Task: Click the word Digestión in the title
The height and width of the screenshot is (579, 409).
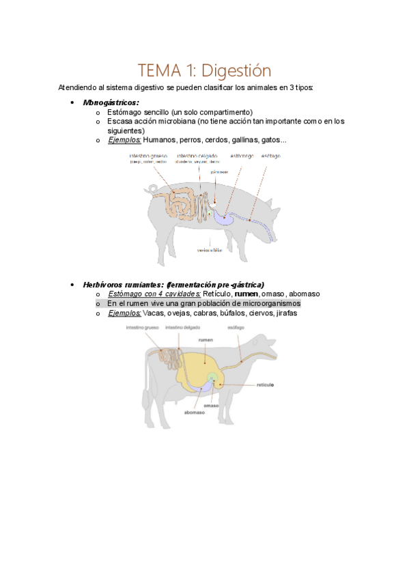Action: (236, 70)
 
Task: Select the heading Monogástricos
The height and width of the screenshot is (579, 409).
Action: (111, 102)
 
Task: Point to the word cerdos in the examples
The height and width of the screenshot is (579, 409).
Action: (219, 140)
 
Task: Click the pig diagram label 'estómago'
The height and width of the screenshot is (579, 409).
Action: (242, 156)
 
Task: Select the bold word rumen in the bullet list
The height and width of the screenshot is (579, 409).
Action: (246, 294)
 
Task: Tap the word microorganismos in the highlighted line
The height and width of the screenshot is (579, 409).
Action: (267, 303)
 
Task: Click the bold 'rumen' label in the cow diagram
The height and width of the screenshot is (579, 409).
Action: (206, 339)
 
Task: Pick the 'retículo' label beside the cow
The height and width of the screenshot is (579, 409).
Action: (265, 385)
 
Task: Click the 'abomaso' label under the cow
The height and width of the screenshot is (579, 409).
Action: (194, 412)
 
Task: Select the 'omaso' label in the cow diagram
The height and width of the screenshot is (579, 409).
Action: (211, 406)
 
